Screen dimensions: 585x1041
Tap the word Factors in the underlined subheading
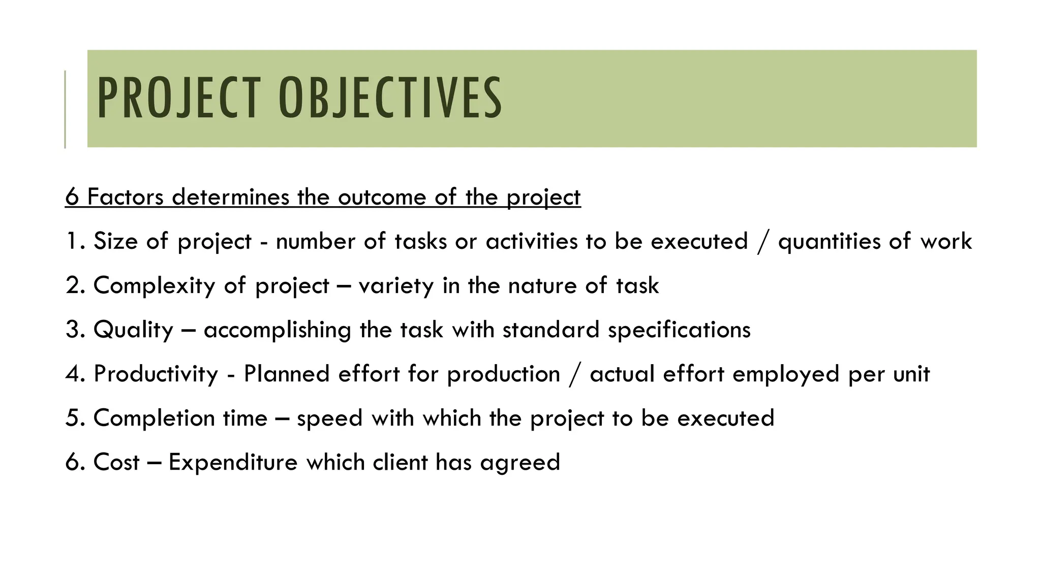(x=126, y=197)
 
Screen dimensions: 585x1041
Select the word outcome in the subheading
(x=382, y=197)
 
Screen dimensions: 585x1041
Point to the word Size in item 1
(x=115, y=241)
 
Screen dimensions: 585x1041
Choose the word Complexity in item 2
(x=155, y=285)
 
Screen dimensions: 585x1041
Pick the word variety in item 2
(x=396, y=285)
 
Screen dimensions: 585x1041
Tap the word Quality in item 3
(x=134, y=330)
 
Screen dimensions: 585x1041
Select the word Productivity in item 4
(x=156, y=374)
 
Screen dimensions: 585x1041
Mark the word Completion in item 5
(x=154, y=418)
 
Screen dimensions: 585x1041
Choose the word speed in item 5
(x=329, y=418)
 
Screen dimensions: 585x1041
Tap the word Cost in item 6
(x=116, y=462)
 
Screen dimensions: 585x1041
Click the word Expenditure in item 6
(x=233, y=462)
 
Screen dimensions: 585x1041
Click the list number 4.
(x=72, y=374)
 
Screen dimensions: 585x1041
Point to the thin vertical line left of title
(x=65, y=109)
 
